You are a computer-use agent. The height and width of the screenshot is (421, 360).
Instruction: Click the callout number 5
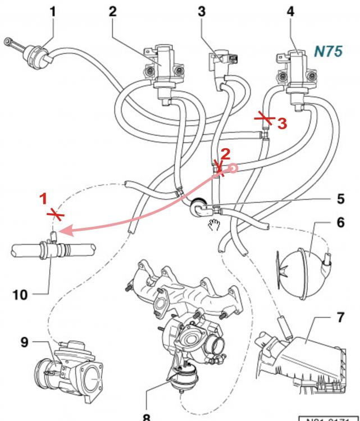pyautogui.click(x=340, y=199)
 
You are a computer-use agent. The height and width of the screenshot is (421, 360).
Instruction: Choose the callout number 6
pyautogui.click(x=340, y=222)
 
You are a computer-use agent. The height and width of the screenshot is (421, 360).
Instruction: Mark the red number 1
pyautogui.click(x=42, y=198)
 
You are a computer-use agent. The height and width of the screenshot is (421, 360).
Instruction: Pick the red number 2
pyautogui.click(x=225, y=153)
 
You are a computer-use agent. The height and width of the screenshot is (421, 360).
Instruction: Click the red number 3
pyautogui.click(x=282, y=123)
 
